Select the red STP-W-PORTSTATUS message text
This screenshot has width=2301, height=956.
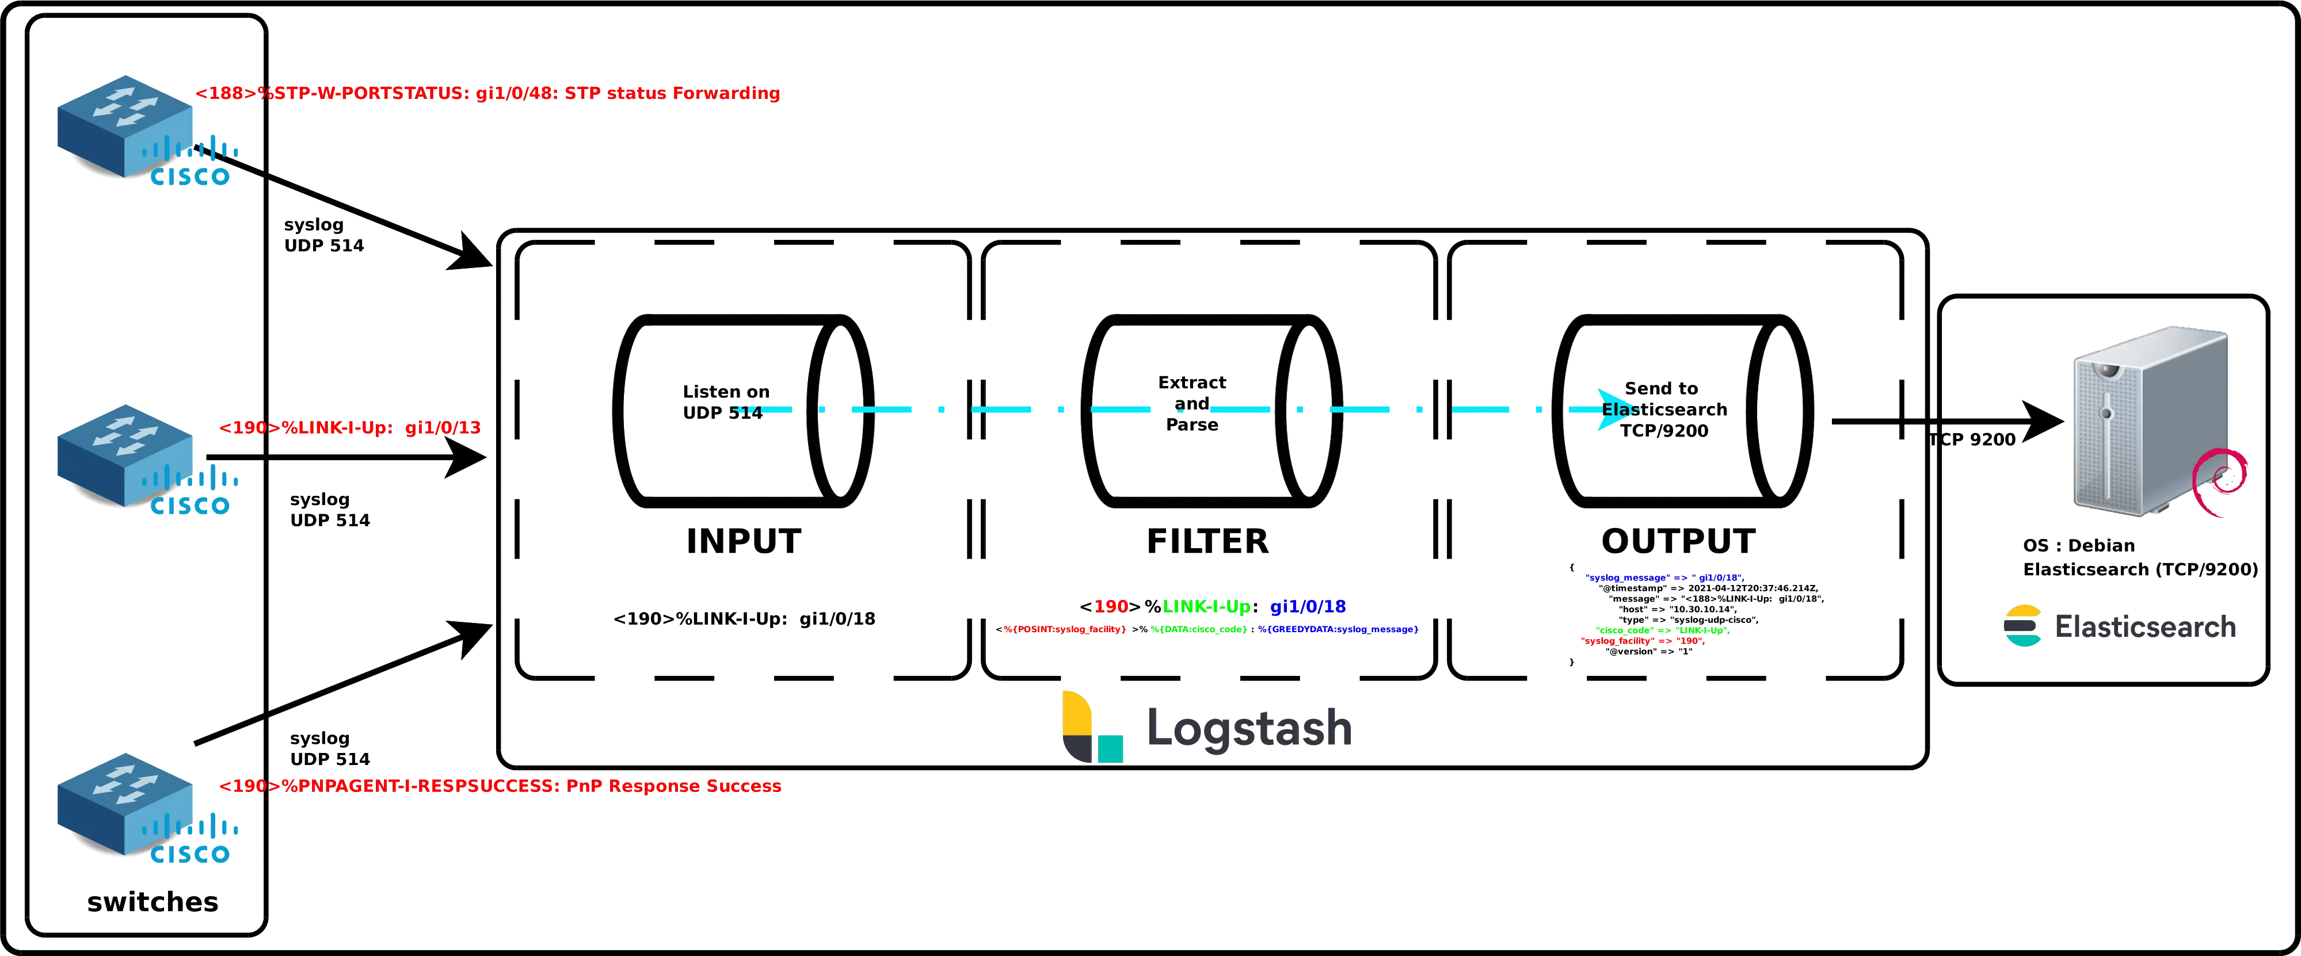[x=487, y=93]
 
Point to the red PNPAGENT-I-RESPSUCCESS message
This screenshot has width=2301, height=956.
[x=500, y=786]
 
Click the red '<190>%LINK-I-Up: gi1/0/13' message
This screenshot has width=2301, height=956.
[x=349, y=427]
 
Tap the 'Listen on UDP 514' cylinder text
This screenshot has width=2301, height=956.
[x=725, y=401]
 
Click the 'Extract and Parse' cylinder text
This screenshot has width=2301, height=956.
[x=1191, y=403]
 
